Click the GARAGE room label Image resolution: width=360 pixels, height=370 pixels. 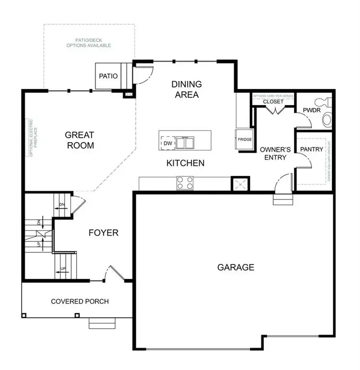click(235, 267)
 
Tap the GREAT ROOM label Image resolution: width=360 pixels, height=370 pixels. click(80, 140)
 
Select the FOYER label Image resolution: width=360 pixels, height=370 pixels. click(103, 233)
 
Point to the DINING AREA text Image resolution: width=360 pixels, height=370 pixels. click(187, 89)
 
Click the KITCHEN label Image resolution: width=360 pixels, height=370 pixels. click(185, 163)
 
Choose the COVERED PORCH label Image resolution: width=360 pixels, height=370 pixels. click(80, 302)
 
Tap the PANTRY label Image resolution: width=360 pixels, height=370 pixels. click(311, 149)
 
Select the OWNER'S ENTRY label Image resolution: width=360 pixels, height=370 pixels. click(273, 153)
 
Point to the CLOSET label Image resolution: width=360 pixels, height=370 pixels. click(273, 102)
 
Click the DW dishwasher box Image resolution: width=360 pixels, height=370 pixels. click(167, 143)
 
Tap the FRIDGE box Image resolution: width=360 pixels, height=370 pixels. click(244, 140)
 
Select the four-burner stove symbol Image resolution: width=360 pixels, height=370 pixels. click(185, 183)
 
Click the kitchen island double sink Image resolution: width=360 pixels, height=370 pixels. click(184, 143)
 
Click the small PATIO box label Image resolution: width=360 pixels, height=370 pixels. click(108, 76)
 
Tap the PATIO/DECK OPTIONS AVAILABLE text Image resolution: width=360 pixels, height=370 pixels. click(89, 42)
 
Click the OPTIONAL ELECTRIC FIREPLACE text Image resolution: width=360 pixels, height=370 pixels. click(31, 138)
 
